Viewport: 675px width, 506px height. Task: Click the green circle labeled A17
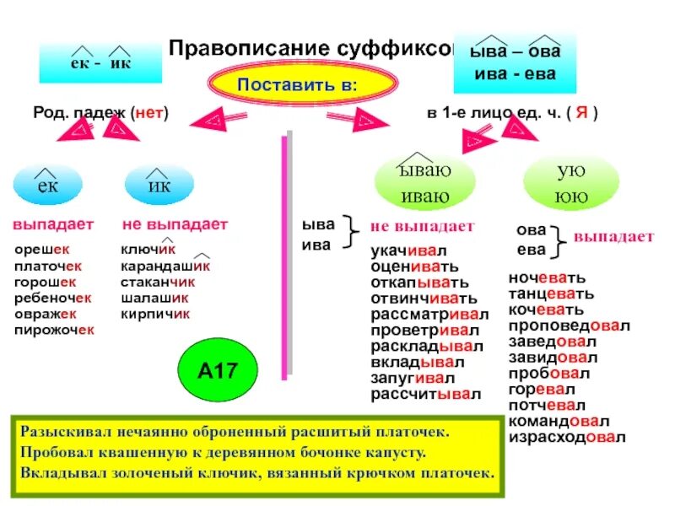pos(215,369)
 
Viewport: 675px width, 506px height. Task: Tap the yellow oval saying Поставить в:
pos(303,86)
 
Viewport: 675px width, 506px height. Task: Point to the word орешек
pos(42,250)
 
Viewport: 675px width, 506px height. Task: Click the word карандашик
pos(165,266)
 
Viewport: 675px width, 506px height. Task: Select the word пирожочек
pos(54,330)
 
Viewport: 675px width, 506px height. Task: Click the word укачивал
pos(408,251)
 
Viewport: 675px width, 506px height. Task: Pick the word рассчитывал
pos(426,394)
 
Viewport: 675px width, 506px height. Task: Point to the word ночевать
pos(547,277)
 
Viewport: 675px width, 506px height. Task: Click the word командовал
pos(559,422)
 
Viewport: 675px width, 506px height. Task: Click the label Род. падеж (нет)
pos(100,113)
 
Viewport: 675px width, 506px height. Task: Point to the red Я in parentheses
pos(581,113)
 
